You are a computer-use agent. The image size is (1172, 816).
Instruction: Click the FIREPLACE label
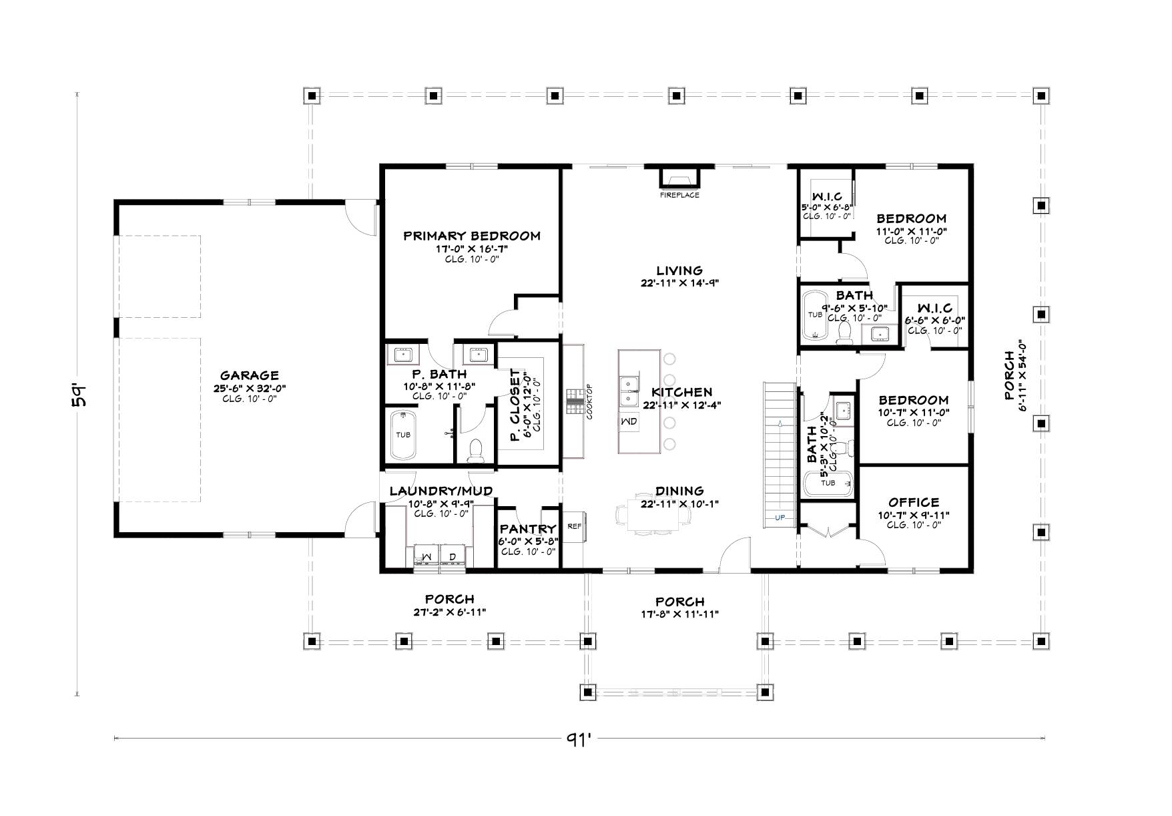point(679,195)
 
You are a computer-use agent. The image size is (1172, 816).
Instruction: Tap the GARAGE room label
point(250,375)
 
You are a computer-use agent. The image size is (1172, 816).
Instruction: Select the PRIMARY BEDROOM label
point(472,236)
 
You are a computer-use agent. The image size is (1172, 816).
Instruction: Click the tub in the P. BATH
point(403,435)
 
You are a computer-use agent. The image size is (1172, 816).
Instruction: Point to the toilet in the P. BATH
point(476,451)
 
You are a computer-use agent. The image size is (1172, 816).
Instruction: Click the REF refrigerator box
point(574,526)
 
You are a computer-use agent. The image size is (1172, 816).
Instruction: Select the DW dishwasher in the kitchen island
point(629,422)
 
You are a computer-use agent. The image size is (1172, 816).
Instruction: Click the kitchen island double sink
point(627,391)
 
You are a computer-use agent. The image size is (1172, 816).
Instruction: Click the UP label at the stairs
point(780,518)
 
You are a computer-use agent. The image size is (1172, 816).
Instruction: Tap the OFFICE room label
point(914,502)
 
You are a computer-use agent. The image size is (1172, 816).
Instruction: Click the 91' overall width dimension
point(579,739)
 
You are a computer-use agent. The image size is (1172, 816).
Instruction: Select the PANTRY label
point(528,530)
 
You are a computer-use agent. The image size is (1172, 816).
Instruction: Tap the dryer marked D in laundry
point(452,556)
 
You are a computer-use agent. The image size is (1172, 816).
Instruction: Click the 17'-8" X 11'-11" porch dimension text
point(679,614)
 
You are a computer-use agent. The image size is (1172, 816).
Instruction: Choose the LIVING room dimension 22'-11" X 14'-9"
point(679,282)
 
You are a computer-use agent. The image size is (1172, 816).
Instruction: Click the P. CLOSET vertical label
point(515,406)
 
